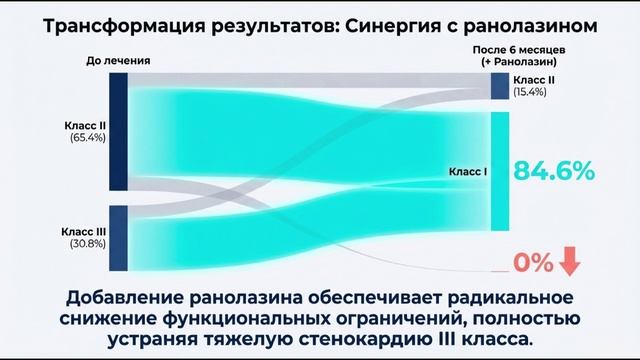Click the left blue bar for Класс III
click(x=117, y=237)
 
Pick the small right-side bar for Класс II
click(x=500, y=86)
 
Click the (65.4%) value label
click(x=83, y=139)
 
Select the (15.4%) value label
click(x=531, y=92)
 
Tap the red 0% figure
click(x=533, y=263)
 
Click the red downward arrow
click(x=570, y=262)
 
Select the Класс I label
click(x=468, y=172)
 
